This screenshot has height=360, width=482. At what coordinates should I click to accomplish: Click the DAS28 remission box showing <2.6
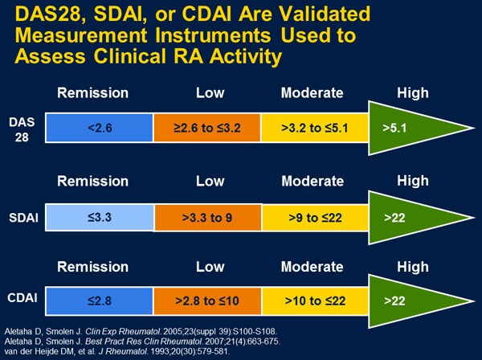coord(99,127)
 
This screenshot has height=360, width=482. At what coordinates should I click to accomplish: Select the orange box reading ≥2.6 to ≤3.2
coord(207,127)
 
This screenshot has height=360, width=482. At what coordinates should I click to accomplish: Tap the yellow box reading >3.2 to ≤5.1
coord(314,127)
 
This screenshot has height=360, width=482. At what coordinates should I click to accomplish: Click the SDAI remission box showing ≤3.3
coord(99,216)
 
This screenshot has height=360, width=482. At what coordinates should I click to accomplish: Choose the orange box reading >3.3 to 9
coord(207,216)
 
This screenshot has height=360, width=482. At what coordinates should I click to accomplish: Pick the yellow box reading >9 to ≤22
coord(314,216)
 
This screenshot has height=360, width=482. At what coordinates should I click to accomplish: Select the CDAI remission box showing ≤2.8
coord(99,301)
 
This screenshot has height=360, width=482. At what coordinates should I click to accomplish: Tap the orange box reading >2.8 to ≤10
coord(207,301)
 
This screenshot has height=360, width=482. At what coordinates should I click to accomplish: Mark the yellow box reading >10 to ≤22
coord(314,301)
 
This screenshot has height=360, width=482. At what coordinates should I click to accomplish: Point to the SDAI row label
coord(22,216)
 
